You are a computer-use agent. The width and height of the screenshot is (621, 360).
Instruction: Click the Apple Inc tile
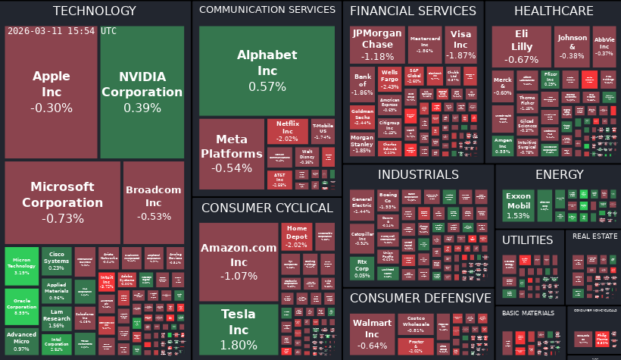pos(51,92)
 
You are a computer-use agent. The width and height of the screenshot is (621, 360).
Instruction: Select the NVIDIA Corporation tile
pos(142,92)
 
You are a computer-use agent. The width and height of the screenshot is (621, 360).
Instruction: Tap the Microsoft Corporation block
pos(63,202)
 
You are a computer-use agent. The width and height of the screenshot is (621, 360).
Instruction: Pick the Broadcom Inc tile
pos(154,202)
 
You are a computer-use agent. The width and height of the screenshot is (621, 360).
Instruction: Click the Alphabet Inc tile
pos(267,70)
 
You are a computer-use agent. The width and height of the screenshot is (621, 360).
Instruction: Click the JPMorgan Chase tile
pos(377,45)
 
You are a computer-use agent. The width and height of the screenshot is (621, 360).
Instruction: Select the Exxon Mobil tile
pos(518,205)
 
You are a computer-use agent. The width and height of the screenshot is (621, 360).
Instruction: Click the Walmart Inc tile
pos(371,334)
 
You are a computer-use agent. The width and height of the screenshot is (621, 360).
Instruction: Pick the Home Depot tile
pos(297,236)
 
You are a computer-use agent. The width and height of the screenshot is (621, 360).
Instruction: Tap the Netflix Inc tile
pos(287,130)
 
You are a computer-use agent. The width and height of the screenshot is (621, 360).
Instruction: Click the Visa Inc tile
pos(460,45)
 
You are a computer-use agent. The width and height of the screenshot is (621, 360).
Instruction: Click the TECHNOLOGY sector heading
pos(95,11)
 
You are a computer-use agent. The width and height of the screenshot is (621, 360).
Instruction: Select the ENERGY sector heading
pos(559,175)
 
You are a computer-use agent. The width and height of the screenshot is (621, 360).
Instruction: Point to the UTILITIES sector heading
pos(528,240)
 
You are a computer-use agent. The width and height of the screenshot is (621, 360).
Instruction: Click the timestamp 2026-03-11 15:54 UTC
pos(61,31)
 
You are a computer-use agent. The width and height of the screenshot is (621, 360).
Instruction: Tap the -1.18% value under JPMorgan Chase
pos(377,56)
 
